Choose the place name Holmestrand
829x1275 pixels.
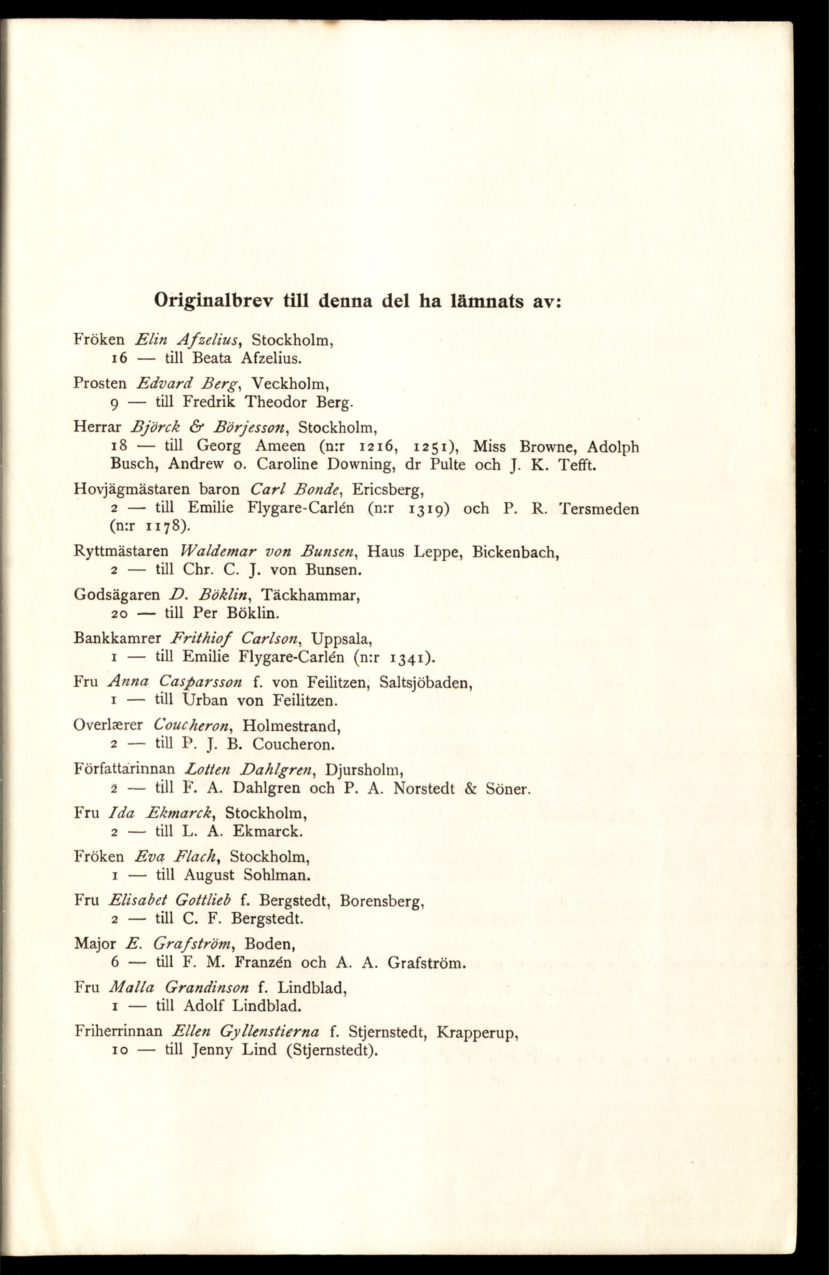pos(292,726)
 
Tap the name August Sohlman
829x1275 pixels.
pos(247,875)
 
